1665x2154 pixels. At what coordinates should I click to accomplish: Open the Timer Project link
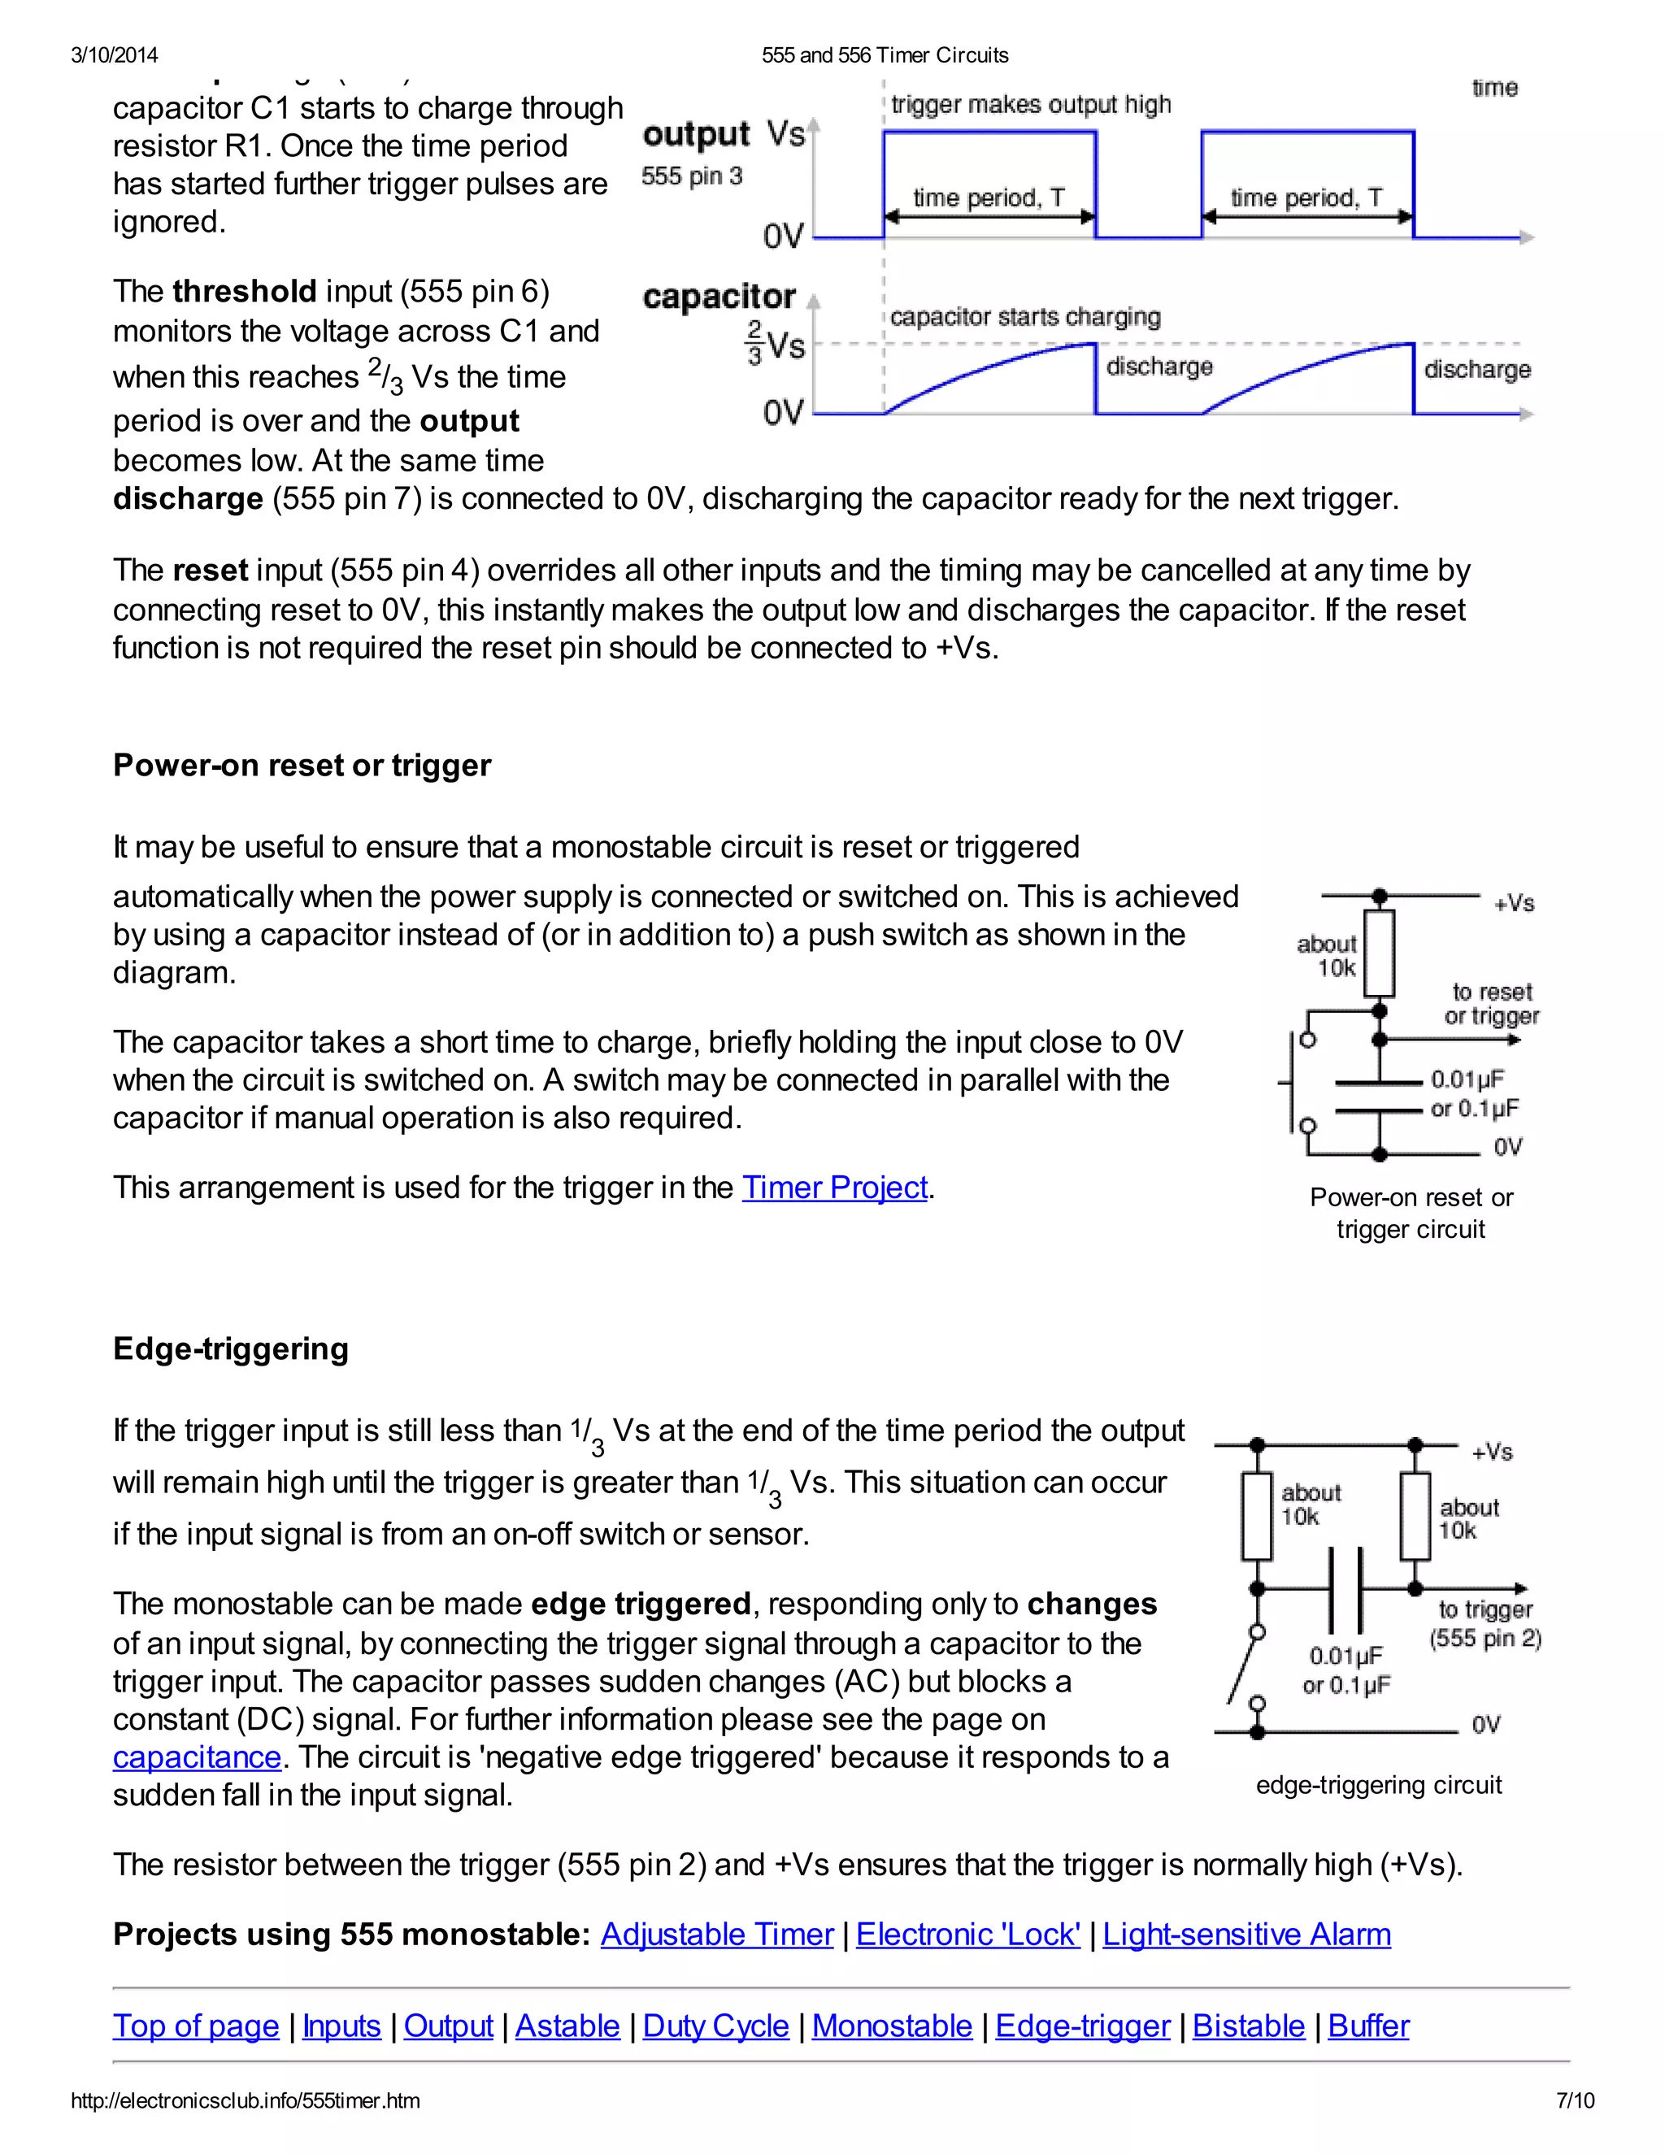(834, 1188)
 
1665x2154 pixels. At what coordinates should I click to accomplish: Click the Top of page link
(196, 2026)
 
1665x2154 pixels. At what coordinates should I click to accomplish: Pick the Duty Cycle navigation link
(715, 2026)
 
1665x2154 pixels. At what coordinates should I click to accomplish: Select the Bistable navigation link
(1248, 2026)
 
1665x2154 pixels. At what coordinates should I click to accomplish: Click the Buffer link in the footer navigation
(1368, 2026)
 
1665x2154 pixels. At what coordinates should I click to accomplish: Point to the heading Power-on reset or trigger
(302, 766)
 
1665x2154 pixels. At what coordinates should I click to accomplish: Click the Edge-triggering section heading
(231, 1349)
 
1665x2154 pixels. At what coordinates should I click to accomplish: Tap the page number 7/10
(1574, 2100)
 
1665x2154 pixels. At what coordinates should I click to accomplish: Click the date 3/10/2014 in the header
(115, 55)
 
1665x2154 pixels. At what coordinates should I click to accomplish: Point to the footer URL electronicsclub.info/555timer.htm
(246, 2100)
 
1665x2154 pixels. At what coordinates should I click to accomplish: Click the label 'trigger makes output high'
(1031, 105)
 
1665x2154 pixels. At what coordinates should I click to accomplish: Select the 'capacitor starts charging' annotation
(1025, 316)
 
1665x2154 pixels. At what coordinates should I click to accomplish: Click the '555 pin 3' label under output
(692, 176)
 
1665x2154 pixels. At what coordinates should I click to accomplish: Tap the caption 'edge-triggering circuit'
(1378, 1785)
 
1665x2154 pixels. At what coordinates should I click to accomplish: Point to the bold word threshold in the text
(244, 292)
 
